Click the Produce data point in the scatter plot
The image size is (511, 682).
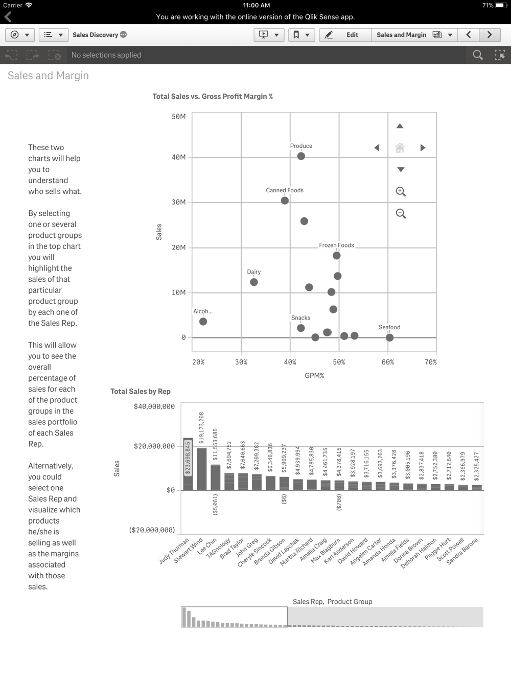pos(301,156)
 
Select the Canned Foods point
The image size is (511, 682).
pos(285,200)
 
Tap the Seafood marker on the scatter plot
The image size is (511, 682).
pos(389,337)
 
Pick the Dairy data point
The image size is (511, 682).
pos(253,282)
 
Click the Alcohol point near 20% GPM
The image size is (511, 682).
pos(203,322)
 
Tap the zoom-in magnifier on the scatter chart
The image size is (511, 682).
pos(401,192)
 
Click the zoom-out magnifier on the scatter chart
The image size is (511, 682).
pos(401,214)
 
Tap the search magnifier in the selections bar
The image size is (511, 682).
pos(478,55)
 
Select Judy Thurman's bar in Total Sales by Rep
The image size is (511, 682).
pos(188,464)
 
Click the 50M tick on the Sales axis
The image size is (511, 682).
pos(179,117)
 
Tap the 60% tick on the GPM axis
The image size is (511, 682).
pos(388,362)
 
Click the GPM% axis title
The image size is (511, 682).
pos(314,375)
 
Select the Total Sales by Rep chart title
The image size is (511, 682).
pos(141,391)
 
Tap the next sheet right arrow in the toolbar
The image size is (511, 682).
pos(490,35)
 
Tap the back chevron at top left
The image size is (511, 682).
pos(8,17)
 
